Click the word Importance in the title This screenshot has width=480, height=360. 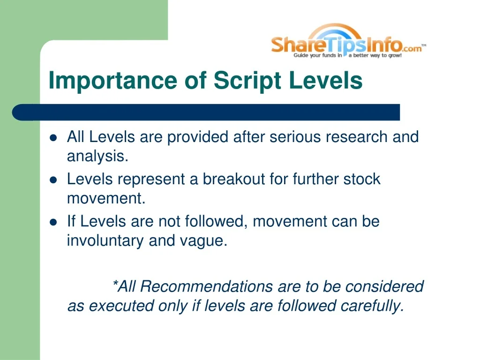click(x=112, y=80)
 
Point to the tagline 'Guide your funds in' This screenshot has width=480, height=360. click(x=317, y=55)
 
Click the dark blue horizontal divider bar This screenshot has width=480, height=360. click(x=206, y=112)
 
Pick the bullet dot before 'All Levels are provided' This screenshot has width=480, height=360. click(x=53, y=138)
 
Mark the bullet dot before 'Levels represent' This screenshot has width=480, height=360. click(x=53, y=180)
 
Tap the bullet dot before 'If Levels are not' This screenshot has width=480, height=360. click(x=53, y=222)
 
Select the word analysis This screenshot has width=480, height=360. click(x=97, y=157)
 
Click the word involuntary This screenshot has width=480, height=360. click(x=105, y=241)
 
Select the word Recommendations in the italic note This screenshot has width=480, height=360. click(x=207, y=286)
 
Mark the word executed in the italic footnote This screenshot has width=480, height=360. click(x=121, y=306)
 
